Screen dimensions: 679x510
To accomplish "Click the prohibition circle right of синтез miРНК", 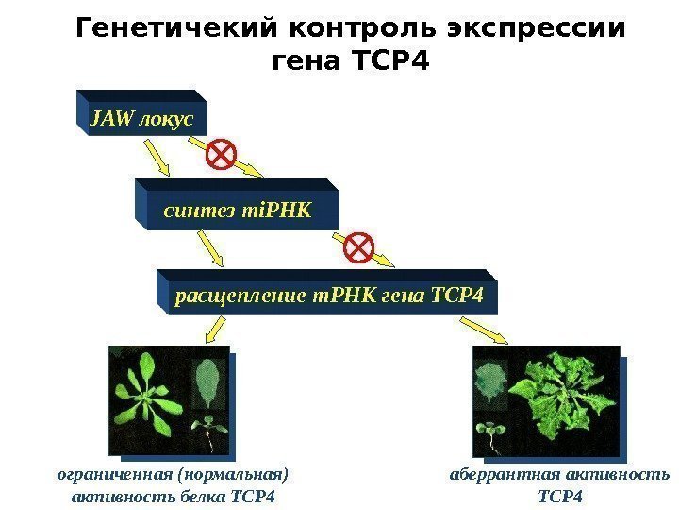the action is click(x=359, y=247).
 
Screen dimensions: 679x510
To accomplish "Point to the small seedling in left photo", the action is click(x=207, y=431).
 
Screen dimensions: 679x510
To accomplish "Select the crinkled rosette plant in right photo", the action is click(x=564, y=397).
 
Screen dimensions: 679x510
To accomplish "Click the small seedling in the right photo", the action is click(x=489, y=432).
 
